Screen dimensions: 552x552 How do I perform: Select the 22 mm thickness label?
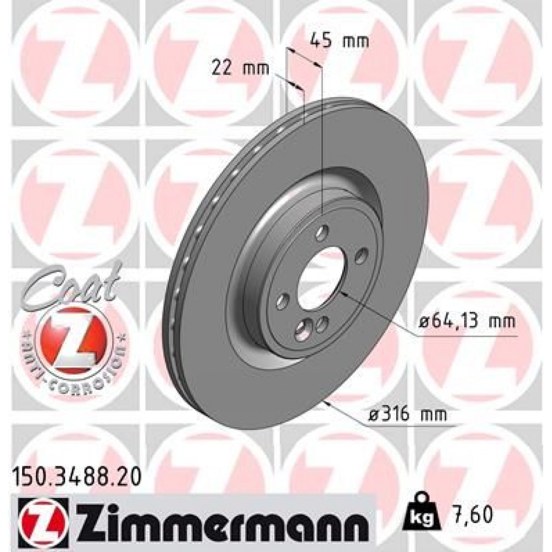[240, 68]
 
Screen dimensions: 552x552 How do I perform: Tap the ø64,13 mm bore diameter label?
[466, 321]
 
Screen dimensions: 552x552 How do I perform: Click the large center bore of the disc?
[321, 276]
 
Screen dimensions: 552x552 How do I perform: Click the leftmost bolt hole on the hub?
[283, 301]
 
